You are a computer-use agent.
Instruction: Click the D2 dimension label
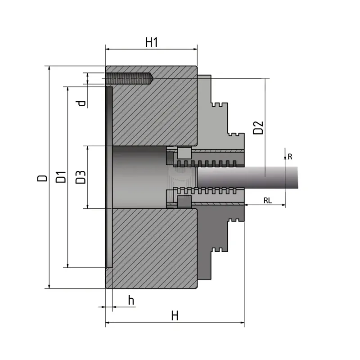258,127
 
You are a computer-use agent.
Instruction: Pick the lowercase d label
81,103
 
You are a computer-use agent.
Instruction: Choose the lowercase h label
131,300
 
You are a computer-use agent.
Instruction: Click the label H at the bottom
175,315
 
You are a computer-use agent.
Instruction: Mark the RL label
267,201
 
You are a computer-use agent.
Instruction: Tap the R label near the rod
290,157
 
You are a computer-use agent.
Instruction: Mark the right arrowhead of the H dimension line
243,323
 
